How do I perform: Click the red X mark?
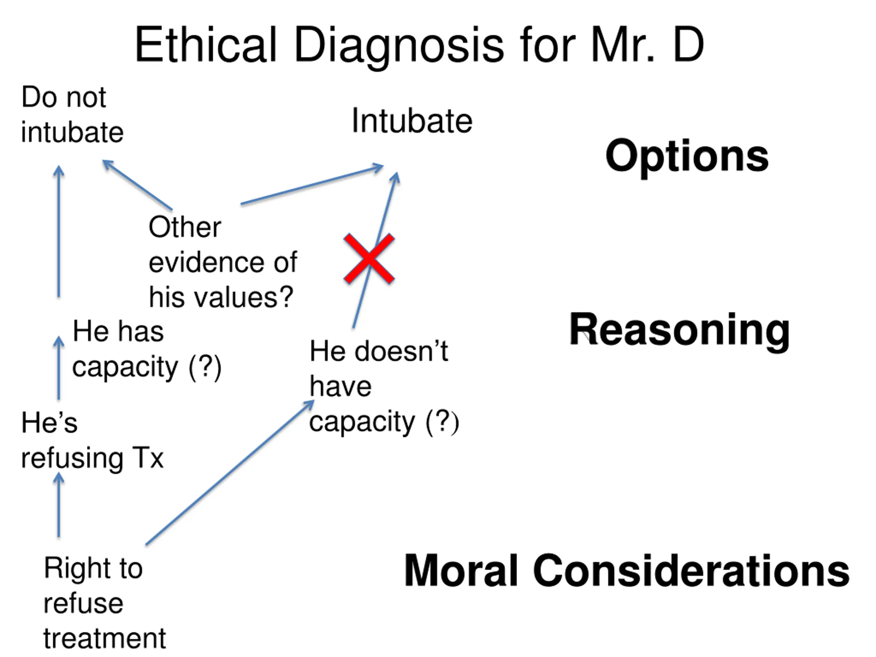click(369, 258)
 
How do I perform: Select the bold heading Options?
click(687, 156)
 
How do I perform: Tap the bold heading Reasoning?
click(679, 330)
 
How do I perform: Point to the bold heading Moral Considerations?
click(627, 571)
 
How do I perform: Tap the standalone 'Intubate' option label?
click(412, 121)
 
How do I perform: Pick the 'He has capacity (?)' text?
click(146, 349)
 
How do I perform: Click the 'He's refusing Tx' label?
click(92, 440)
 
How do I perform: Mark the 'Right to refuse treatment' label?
click(104, 603)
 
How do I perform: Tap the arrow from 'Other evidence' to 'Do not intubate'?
click(138, 185)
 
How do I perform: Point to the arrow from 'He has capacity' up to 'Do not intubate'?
click(59, 231)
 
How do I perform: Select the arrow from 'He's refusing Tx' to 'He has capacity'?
click(59, 368)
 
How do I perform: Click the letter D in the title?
click(688, 44)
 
